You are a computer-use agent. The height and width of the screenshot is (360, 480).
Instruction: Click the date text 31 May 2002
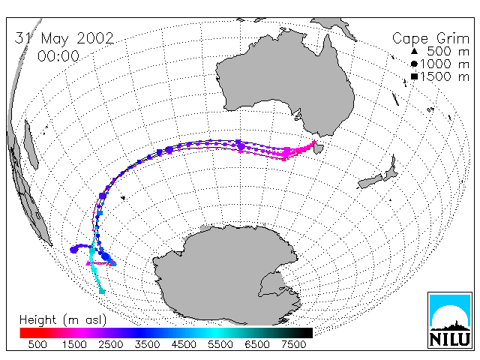[64, 38]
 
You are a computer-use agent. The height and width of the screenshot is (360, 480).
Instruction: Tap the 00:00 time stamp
[58, 56]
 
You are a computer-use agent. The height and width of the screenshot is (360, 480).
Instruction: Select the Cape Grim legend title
[430, 39]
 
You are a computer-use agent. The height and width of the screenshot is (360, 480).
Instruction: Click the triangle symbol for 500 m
[414, 51]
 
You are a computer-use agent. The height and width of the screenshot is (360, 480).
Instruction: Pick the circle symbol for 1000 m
[414, 64]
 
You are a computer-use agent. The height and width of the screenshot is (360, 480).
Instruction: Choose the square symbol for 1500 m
[414, 76]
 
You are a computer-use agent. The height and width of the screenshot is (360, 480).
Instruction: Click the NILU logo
[450, 320]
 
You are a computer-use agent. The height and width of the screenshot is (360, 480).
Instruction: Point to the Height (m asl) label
[63, 320]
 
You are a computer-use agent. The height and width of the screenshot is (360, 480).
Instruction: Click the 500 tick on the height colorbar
[37, 345]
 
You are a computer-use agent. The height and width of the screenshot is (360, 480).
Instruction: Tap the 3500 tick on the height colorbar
[147, 345]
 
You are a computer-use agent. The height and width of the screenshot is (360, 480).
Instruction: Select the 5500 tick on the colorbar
[220, 345]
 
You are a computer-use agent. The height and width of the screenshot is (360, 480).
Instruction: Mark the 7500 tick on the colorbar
[293, 345]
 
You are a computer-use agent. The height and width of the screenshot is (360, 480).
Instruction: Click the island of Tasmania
[319, 148]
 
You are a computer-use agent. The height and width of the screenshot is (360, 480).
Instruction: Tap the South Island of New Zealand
[370, 181]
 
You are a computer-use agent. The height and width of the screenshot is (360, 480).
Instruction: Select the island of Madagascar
[31, 145]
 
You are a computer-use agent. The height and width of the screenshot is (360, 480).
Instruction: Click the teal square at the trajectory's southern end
[102, 292]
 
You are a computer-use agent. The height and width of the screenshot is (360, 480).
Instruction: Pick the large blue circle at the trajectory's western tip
[73, 250]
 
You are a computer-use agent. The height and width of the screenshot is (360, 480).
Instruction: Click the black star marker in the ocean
[123, 198]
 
